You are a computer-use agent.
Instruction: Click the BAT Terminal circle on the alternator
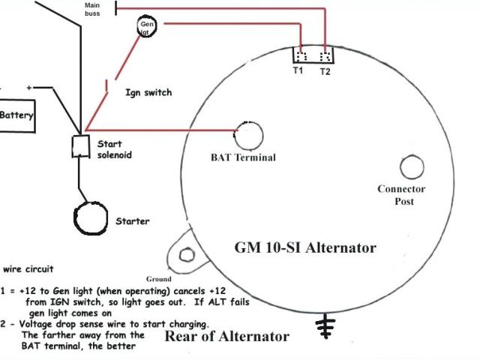(x=250, y=135)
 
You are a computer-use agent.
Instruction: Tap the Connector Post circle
(x=411, y=166)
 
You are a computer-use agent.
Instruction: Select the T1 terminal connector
(x=301, y=55)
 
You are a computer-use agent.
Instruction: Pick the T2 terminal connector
(x=324, y=55)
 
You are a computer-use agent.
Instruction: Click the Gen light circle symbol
(x=147, y=28)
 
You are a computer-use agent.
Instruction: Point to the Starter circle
(x=92, y=218)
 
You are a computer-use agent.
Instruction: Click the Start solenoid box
(x=79, y=147)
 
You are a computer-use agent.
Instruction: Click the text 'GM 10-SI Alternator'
(x=305, y=247)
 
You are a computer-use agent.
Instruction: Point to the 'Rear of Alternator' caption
(x=226, y=336)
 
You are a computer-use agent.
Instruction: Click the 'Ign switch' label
(x=148, y=93)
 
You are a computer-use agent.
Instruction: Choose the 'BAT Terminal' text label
(x=243, y=157)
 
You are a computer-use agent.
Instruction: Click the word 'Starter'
(x=132, y=221)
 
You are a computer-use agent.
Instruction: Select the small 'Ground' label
(x=160, y=279)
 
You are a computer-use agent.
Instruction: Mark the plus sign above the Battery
(x=30, y=88)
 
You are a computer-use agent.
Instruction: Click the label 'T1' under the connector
(x=298, y=71)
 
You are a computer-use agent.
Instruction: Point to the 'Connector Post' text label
(x=401, y=195)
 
